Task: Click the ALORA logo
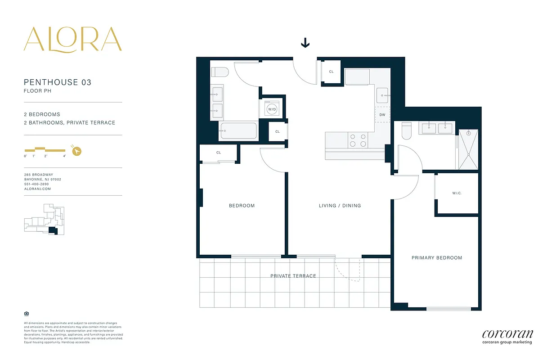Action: click(72, 39)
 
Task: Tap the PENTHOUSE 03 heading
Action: click(58, 82)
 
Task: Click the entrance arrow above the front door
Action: click(305, 43)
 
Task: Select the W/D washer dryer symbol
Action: click(272, 109)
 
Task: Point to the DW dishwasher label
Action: click(382, 115)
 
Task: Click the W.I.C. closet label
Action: click(457, 193)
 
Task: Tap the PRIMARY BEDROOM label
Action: click(437, 258)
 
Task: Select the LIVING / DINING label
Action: click(340, 206)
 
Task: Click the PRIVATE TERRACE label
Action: click(293, 276)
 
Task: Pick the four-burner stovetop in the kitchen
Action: click(358, 140)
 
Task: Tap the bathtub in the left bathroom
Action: click(238, 131)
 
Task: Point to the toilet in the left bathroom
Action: click(220, 72)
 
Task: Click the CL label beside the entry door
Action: click(332, 72)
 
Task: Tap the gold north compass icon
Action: click(77, 151)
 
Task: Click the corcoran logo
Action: click(507, 336)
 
